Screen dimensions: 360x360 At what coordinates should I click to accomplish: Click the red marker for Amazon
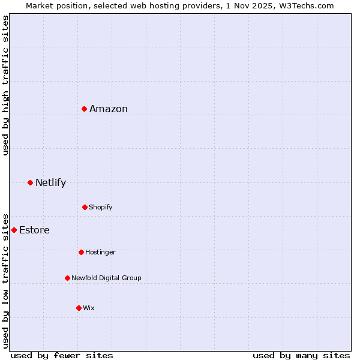click(x=85, y=109)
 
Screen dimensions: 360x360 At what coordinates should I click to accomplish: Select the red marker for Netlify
click(x=30, y=182)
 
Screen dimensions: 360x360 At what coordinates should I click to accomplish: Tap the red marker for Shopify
click(x=85, y=207)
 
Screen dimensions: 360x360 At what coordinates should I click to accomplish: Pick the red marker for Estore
click(x=14, y=230)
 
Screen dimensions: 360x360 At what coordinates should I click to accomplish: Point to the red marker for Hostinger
click(x=81, y=252)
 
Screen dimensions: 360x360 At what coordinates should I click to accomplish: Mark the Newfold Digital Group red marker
click(x=67, y=278)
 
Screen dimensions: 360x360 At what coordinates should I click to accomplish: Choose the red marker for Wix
click(x=79, y=308)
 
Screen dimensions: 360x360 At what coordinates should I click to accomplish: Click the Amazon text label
click(x=109, y=109)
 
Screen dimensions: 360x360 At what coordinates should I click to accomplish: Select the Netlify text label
click(x=50, y=182)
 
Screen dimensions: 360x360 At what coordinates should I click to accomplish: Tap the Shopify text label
click(x=101, y=207)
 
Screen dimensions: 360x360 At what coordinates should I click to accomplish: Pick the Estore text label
click(x=34, y=230)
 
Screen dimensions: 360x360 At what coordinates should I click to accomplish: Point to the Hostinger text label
click(x=100, y=252)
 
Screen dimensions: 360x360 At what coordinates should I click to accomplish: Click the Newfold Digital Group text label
click(x=106, y=278)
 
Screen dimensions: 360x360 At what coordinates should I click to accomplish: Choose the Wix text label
click(x=89, y=308)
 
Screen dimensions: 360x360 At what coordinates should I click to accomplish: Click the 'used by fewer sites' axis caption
click(x=62, y=355)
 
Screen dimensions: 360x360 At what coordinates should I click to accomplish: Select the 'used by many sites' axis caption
click(x=301, y=355)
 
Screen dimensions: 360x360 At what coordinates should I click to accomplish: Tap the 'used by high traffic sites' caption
click(x=5, y=85)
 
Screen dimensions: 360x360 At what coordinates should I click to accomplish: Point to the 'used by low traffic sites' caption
click(x=5, y=280)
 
